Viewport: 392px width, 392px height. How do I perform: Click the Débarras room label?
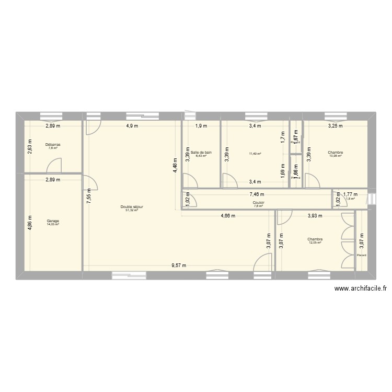click(x=52, y=144)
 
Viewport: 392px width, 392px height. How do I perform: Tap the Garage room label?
click(x=52, y=221)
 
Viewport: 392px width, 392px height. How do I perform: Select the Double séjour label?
click(x=131, y=207)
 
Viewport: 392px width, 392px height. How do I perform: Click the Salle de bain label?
click(x=201, y=152)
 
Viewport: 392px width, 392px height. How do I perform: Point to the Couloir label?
click(x=258, y=202)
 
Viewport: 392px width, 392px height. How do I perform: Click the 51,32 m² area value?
click(x=131, y=211)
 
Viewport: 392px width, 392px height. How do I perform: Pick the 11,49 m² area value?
click(x=255, y=154)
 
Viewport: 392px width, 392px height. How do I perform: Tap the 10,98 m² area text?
click(x=336, y=156)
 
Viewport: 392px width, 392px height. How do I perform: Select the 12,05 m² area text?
click(x=315, y=243)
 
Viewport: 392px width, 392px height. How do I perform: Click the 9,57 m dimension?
click(x=179, y=266)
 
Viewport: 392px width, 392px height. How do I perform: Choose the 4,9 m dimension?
click(x=131, y=126)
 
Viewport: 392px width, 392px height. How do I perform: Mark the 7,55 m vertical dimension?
click(x=89, y=196)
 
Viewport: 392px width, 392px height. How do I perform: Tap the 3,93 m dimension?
click(x=315, y=215)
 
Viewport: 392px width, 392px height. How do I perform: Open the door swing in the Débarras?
click(x=54, y=165)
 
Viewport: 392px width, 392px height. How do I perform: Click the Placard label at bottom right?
click(x=362, y=255)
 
